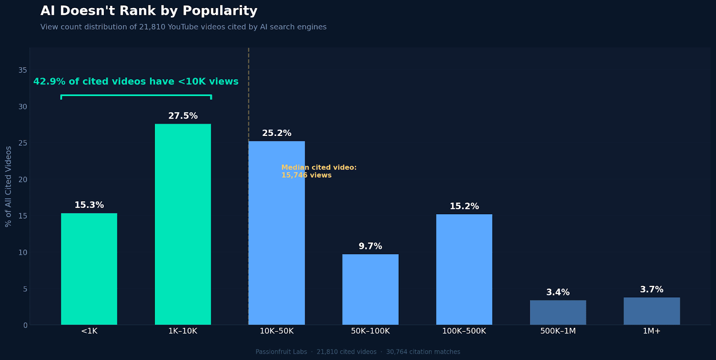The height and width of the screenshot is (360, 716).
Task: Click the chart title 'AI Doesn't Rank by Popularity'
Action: coord(149,11)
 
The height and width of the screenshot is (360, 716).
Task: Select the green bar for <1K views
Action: coord(89,269)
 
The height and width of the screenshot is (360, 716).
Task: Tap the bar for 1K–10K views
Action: coord(183,224)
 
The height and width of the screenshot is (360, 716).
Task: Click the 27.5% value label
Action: coord(183,116)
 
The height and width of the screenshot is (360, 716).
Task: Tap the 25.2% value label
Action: coord(277,133)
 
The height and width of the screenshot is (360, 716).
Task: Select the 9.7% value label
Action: coord(370,246)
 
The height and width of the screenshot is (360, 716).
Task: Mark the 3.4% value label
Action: coord(558,292)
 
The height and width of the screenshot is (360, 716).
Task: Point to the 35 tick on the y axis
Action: coord(23,70)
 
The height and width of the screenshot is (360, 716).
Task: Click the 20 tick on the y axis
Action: coord(23,180)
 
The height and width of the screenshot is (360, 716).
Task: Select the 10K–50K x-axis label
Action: coord(277,331)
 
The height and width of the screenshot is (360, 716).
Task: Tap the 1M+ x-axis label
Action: coord(652,331)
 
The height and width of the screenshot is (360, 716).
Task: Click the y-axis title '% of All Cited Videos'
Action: coord(9,186)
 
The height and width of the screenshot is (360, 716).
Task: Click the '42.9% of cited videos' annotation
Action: coord(136,82)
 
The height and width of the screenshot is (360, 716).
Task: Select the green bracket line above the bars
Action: coord(136,95)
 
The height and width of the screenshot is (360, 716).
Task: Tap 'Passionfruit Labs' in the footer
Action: coord(281,352)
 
